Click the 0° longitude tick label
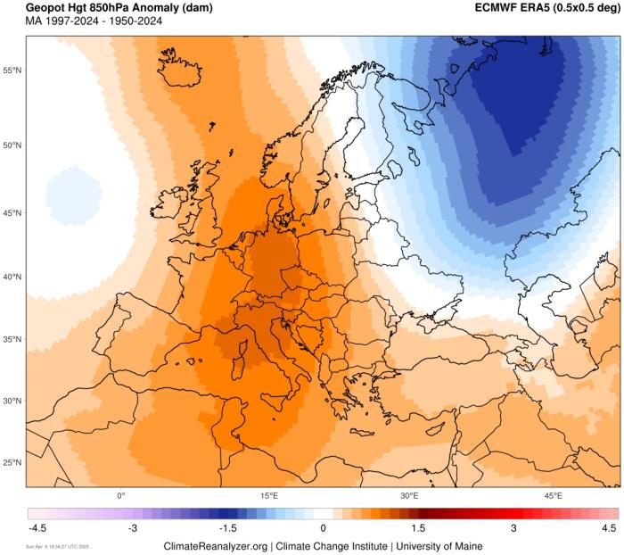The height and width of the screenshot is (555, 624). tap(121, 495)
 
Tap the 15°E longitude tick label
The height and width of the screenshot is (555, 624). tap(269, 495)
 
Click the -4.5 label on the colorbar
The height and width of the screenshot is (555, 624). tap(37, 528)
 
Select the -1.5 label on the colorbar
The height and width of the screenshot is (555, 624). tap(228, 528)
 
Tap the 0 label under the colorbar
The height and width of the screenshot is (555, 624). tap(324, 528)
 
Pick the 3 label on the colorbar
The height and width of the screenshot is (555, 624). tap(513, 528)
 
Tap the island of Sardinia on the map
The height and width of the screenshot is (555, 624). tap(239, 368)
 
